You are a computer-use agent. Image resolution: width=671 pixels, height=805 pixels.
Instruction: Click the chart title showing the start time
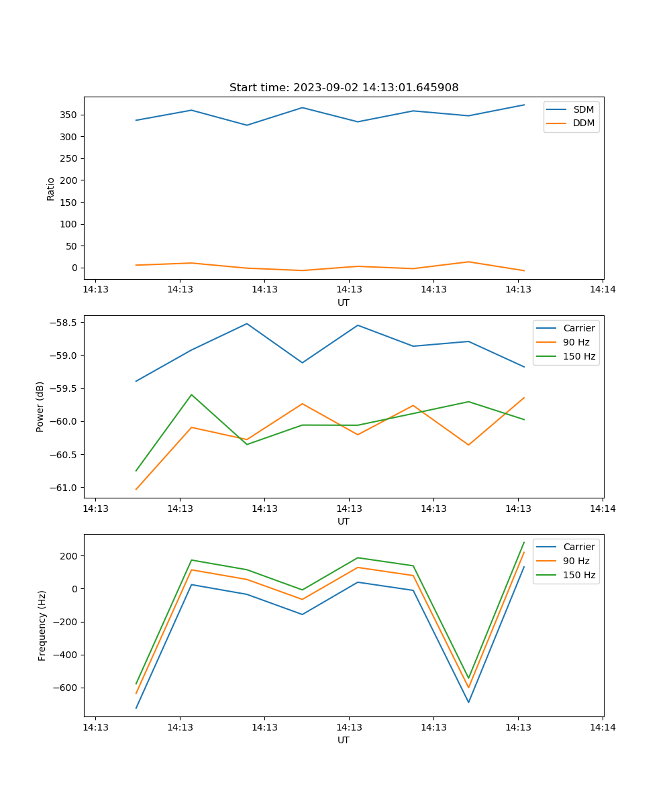(x=344, y=88)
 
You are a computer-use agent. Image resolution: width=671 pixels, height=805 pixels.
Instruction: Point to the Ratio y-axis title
(x=50, y=189)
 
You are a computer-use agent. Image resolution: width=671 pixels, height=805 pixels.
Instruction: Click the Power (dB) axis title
(x=40, y=407)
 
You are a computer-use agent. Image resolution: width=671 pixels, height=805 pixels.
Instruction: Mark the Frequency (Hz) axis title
(x=42, y=625)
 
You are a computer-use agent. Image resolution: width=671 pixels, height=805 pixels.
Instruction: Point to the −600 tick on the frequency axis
(x=64, y=688)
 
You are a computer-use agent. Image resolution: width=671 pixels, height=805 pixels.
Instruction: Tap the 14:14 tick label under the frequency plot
(x=602, y=727)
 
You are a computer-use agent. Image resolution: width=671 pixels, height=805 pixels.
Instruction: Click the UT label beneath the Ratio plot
(x=344, y=303)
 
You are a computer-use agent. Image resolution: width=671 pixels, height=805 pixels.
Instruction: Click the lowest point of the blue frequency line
(x=136, y=708)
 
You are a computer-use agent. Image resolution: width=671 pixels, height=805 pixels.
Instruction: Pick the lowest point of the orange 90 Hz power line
(x=136, y=489)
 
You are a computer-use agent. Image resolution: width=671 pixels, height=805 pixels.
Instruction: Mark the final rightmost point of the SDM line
(x=524, y=105)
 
